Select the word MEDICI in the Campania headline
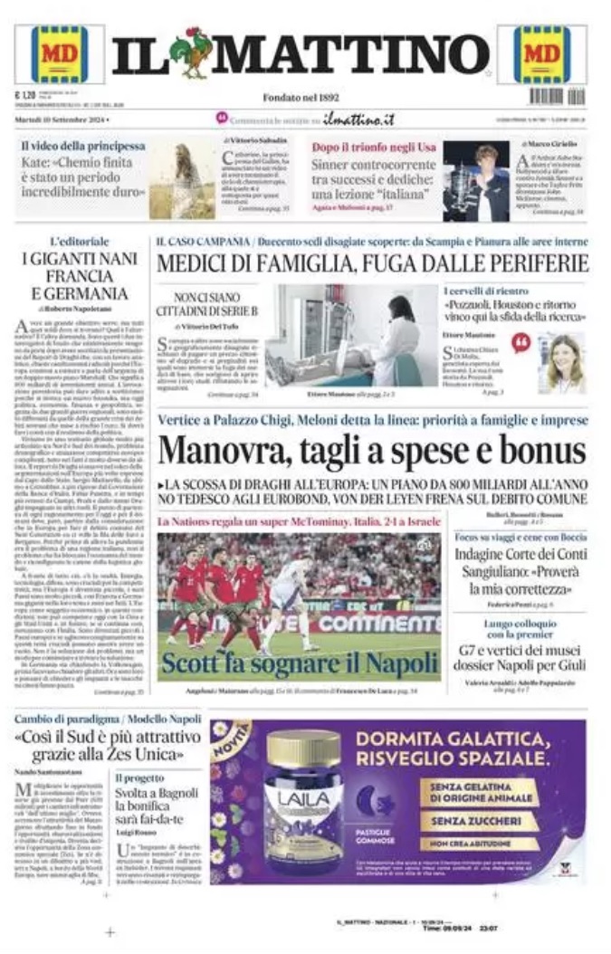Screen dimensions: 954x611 pyautogui.click(x=194, y=263)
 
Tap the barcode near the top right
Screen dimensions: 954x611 pyautogui.click(x=545, y=96)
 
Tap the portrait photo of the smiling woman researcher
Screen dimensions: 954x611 pyautogui.click(x=561, y=362)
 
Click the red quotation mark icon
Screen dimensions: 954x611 pyautogui.click(x=520, y=342)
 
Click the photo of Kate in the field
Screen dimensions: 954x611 pyautogui.click(x=182, y=180)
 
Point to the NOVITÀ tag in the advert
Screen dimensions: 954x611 pyautogui.click(x=218, y=748)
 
